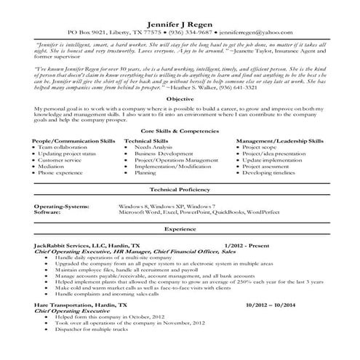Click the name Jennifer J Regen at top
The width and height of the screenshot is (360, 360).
coord(180,23)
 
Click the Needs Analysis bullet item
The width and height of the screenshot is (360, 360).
coord(153,167)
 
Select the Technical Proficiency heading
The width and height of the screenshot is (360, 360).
coord(180,208)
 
